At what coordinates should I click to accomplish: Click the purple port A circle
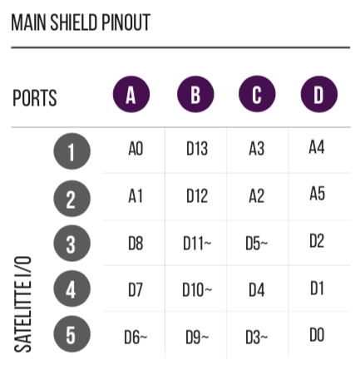(131, 94)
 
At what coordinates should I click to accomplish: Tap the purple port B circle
(195, 94)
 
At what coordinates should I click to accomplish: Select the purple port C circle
(257, 94)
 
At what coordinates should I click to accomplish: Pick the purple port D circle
(319, 94)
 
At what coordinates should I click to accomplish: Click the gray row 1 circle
(72, 151)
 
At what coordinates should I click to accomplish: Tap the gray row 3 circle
(72, 244)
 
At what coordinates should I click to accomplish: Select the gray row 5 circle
(72, 334)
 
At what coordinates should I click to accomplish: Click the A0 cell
(136, 149)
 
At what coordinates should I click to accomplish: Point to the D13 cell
(197, 149)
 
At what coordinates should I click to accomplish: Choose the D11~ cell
(197, 244)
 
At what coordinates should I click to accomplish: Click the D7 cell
(136, 290)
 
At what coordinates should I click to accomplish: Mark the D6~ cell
(136, 338)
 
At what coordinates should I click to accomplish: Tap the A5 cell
(317, 193)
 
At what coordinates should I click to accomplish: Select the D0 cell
(317, 334)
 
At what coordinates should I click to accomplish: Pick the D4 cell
(257, 290)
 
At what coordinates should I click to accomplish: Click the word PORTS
(35, 98)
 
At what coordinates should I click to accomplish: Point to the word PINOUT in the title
(126, 22)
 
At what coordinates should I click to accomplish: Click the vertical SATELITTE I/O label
(22, 304)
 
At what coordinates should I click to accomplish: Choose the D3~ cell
(257, 338)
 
